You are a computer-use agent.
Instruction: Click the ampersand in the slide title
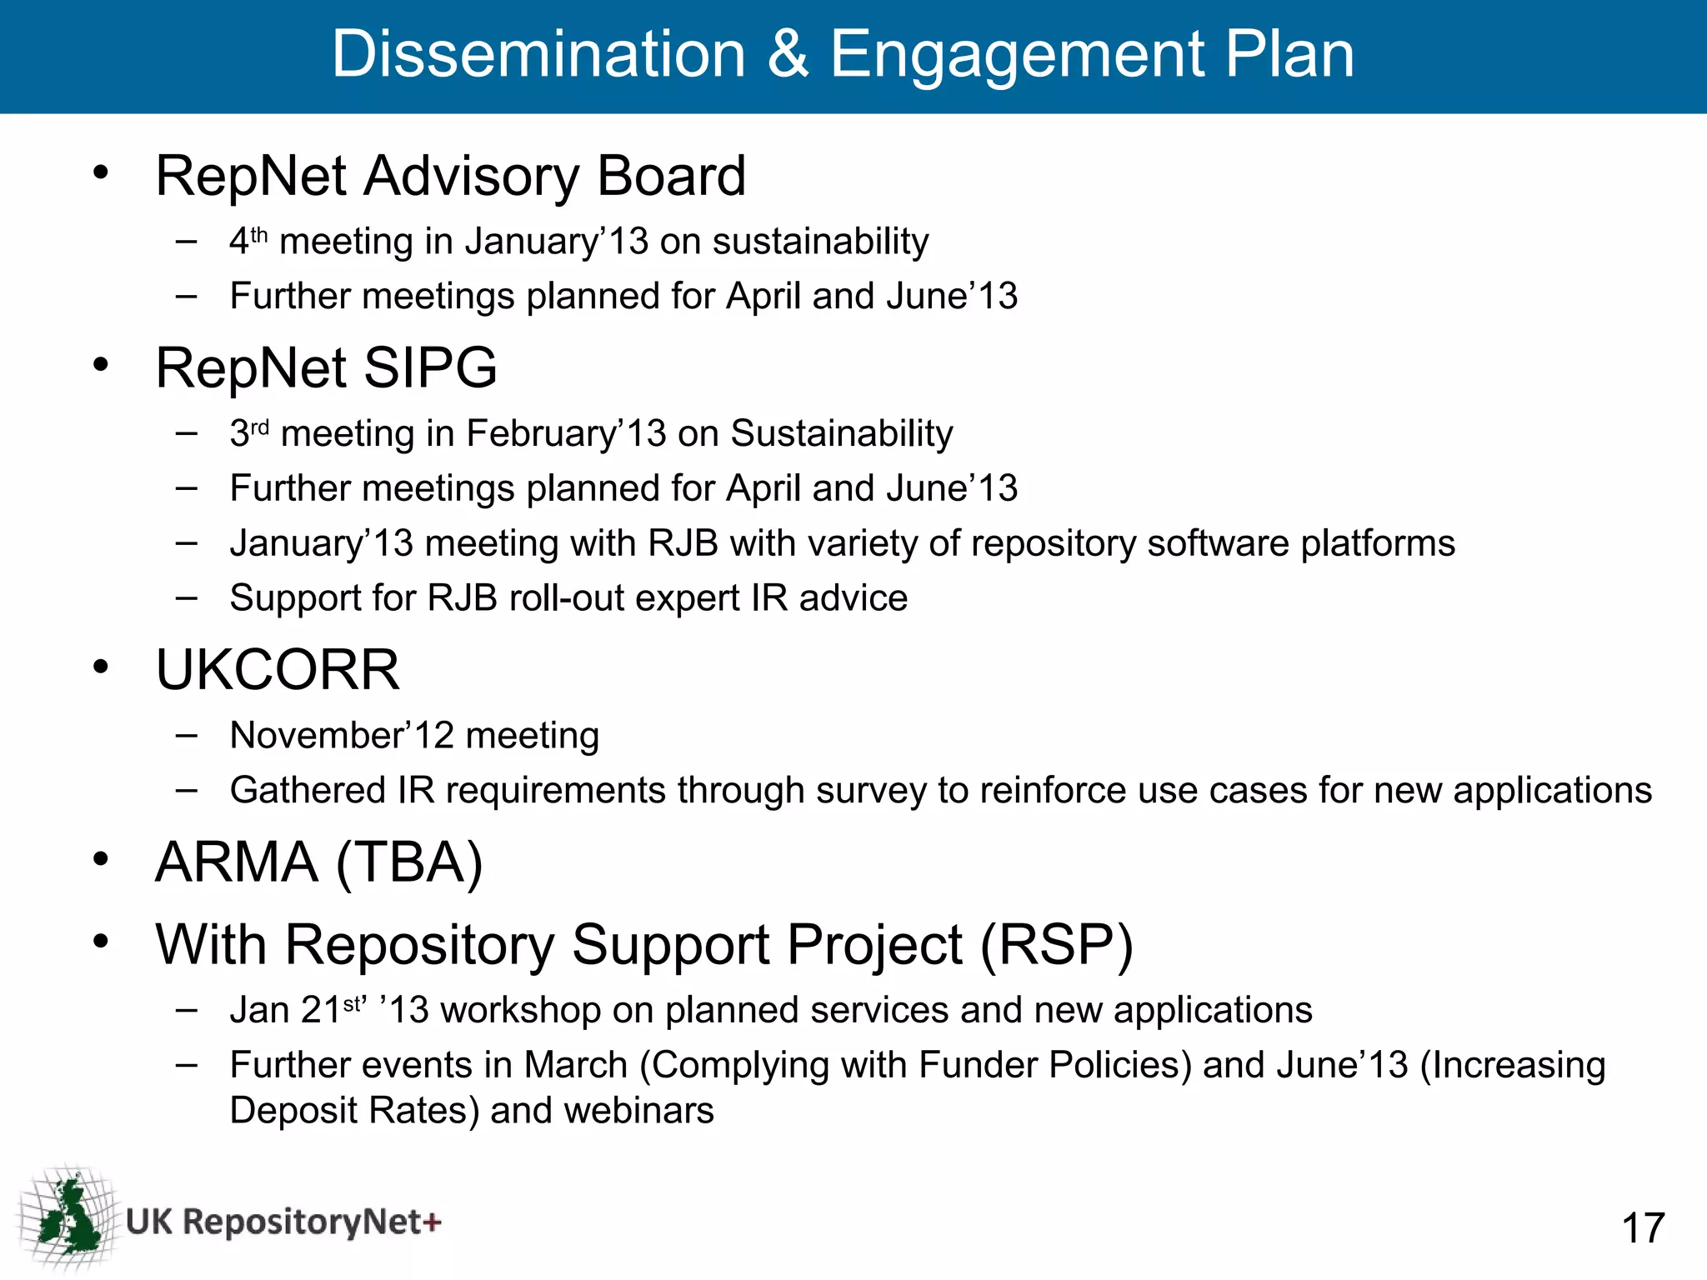tap(788, 54)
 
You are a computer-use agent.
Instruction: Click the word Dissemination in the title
tap(538, 54)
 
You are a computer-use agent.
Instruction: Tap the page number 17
tap(1643, 1228)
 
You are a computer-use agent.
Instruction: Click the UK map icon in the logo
tap(69, 1217)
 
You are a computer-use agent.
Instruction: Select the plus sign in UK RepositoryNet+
tap(432, 1222)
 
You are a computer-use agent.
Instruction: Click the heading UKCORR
tap(278, 670)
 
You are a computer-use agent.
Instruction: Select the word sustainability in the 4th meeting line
tap(820, 242)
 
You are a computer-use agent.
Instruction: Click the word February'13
tap(566, 433)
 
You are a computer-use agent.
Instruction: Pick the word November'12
tap(342, 736)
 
